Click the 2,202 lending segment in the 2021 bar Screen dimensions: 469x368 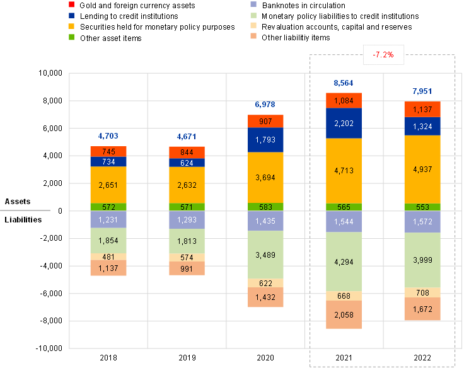(x=344, y=123)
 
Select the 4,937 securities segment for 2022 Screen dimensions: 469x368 (x=422, y=170)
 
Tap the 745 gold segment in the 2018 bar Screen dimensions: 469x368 (x=108, y=152)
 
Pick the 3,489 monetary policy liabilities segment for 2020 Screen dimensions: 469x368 (x=265, y=255)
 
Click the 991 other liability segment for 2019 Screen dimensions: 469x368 (x=187, y=268)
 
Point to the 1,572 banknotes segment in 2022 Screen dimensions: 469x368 (x=422, y=222)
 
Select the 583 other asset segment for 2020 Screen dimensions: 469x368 (x=265, y=207)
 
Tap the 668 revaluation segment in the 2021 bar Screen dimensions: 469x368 (x=344, y=296)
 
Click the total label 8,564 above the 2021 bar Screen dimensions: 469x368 (x=344, y=83)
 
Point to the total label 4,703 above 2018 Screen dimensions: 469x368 (x=108, y=136)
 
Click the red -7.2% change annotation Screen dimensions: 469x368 (x=383, y=55)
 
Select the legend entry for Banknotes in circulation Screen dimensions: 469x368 (x=299, y=6)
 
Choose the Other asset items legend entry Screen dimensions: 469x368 (x=105, y=38)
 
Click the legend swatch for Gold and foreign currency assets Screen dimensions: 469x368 (x=71, y=4)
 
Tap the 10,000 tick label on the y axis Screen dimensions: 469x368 (x=50, y=73)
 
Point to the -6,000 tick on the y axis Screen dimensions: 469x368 (x=51, y=294)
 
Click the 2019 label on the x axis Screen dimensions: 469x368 (x=187, y=358)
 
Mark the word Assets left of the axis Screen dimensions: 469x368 (x=18, y=202)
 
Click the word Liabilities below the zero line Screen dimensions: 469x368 (x=23, y=220)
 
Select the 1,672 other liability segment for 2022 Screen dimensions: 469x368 (x=422, y=309)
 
